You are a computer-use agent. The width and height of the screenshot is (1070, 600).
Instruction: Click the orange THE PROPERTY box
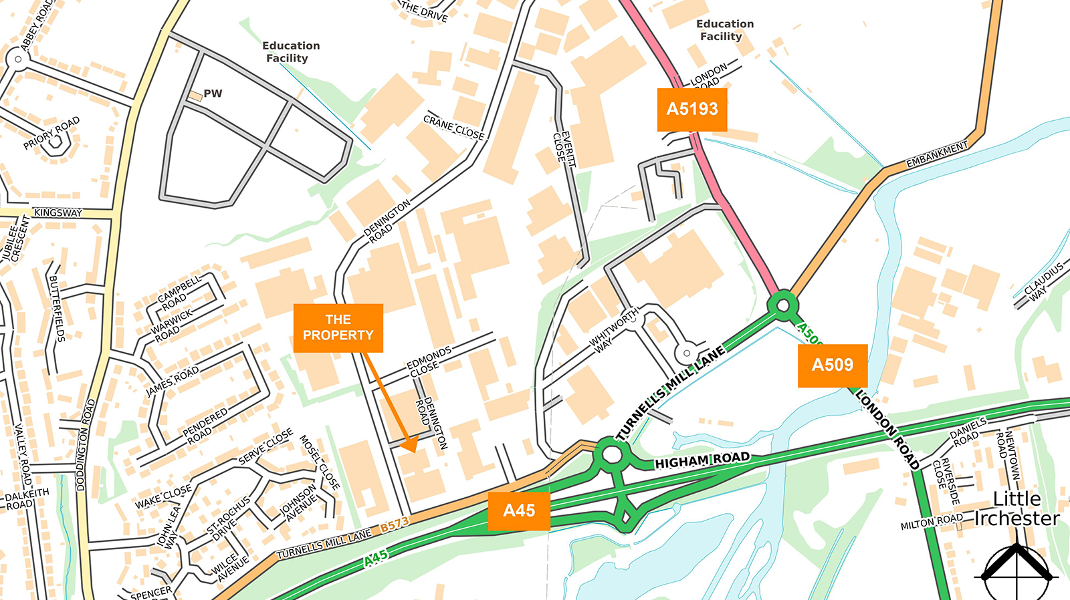coord(338,328)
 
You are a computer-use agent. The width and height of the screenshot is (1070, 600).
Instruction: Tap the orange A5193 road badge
coord(692,110)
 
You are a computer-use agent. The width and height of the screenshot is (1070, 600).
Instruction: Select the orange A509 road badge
coord(832,365)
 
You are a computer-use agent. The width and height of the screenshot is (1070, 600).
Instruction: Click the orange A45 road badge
coord(519,511)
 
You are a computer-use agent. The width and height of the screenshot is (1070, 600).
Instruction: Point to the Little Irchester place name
coord(1016,508)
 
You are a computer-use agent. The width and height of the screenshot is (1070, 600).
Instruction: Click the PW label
coord(213,94)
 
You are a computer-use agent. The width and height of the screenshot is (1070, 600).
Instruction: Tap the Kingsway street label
coord(58,213)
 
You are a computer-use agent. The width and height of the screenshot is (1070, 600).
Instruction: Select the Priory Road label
coord(51,132)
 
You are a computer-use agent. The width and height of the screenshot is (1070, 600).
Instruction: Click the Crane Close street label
coord(453,128)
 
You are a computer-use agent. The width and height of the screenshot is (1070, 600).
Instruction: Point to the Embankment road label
coord(937,155)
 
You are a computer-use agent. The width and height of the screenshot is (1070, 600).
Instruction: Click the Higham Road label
coord(702,460)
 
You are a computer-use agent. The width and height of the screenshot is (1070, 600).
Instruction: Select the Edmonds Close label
coord(428,361)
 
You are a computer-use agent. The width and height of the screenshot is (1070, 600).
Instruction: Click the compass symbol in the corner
coord(1016,572)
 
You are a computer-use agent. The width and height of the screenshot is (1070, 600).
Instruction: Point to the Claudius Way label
coord(1043,281)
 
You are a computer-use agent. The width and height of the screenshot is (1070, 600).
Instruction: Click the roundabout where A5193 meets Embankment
coord(782,305)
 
